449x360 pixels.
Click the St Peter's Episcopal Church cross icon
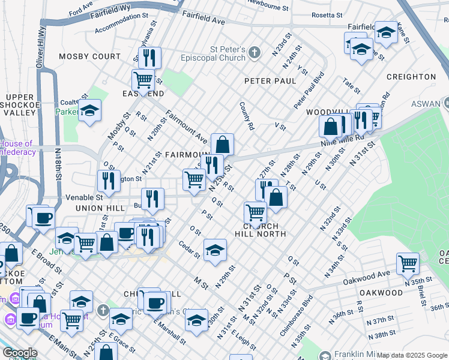click(x=254, y=53)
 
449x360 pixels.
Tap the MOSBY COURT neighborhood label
click(x=89, y=56)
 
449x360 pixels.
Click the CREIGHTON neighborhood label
click(x=411, y=77)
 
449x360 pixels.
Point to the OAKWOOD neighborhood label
click(x=381, y=293)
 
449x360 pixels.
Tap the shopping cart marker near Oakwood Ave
click(x=408, y=262)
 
